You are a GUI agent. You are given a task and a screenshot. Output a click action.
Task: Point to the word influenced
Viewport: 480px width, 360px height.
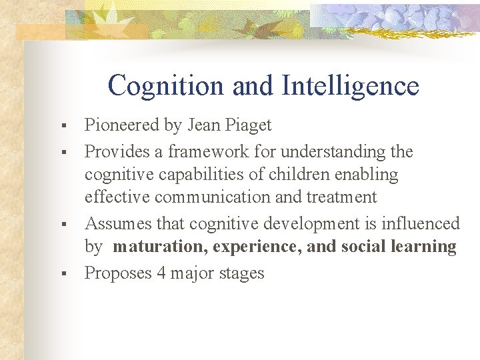point(421,223)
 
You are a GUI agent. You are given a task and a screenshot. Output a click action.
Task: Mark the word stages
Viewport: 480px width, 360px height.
point(242,274)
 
